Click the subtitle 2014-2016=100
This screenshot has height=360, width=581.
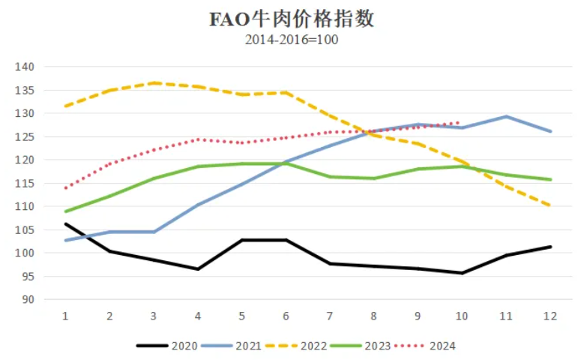point(291,40)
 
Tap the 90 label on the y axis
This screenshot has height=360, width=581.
point(28,299)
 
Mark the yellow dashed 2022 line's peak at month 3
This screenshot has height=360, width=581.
point(154,82)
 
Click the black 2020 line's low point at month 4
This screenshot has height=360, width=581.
point(198,268)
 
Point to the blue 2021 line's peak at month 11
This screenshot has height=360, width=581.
point(507,116)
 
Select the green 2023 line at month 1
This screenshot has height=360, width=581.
point(66,211)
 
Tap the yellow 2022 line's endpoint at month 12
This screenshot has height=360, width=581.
point(550,205)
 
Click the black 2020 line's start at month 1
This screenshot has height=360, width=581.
point(66,223)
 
